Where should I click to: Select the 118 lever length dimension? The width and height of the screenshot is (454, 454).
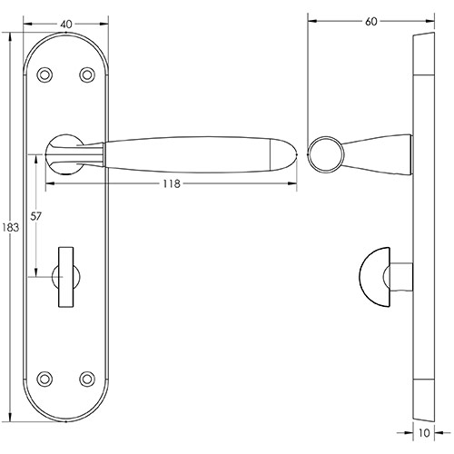point(170,184)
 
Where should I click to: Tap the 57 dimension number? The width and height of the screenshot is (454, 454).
point(37,217)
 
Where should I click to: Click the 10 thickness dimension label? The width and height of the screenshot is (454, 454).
point(423,435)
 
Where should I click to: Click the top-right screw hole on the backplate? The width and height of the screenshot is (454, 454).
point(88,75)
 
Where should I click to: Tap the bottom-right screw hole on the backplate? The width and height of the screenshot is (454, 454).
point(88,377)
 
